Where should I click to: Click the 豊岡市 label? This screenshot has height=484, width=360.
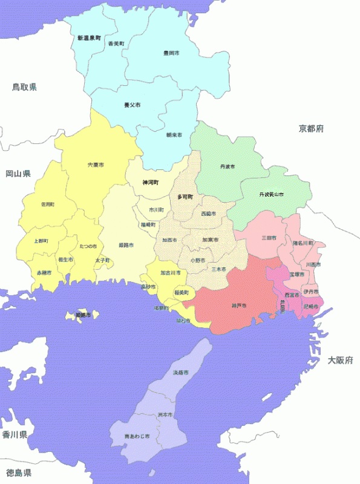point(171,53)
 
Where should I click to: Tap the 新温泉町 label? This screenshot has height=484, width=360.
point(89,38)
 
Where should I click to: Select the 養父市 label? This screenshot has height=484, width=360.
point(132,105)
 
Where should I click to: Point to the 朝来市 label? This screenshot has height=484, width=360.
point(174,135)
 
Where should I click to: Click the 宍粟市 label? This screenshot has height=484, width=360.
point(95,165)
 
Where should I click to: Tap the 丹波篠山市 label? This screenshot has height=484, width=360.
point(271,194)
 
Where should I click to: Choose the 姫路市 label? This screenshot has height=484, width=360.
point(126,245)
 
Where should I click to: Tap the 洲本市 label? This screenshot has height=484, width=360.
point(165,415)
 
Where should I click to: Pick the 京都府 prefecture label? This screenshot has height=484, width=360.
point(311,128)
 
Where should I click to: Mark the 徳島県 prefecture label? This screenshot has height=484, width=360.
point(18,473)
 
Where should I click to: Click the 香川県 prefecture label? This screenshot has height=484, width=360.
point(15,434)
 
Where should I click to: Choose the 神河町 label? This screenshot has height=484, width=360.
point(150,182)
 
